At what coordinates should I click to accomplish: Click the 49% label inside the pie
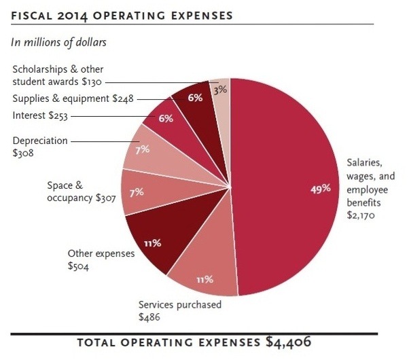(321, 189)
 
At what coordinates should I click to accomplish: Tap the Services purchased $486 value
(149, 317)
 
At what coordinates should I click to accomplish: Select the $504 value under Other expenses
(79, 266)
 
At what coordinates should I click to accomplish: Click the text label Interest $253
(39, 115)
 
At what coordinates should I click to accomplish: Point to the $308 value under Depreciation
(24, 154)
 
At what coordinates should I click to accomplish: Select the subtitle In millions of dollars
(59, 41)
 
